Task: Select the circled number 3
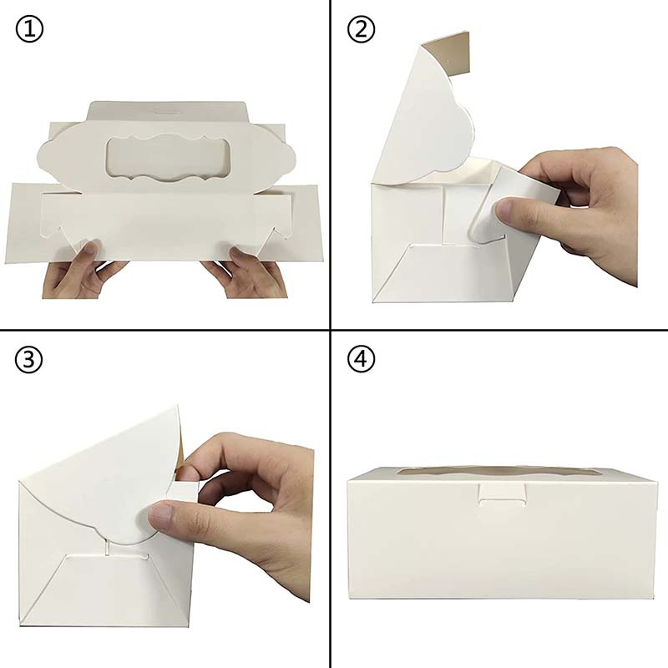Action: pos(28,360)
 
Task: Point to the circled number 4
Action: pos(361,360)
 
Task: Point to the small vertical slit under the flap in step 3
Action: pos(108,547)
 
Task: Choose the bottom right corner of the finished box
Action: pos(655,598)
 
